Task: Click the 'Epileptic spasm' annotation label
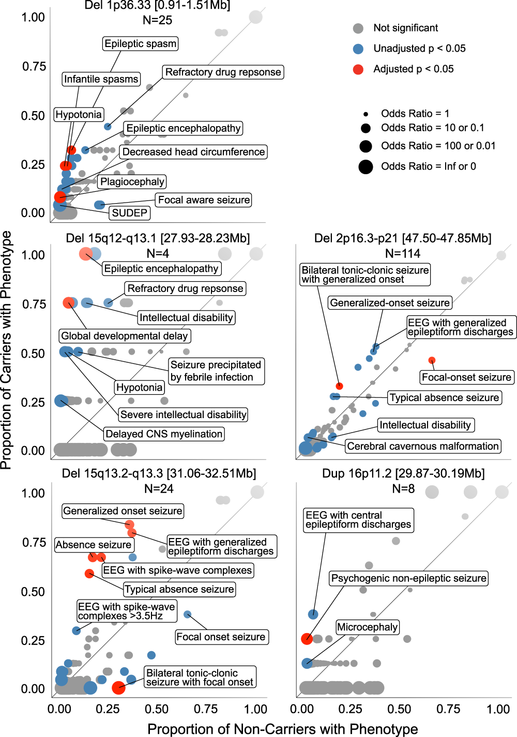(x=140, y=43)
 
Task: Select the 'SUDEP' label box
(x=130, y=213)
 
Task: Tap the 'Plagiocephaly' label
(x=132, y=181)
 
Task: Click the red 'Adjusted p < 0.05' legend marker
(x=358, y=69)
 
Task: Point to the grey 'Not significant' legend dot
(x=358, y=28)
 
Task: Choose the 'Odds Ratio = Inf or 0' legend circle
(x=366, y=167)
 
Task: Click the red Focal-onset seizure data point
(x=432, y=360)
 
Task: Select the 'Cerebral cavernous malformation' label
(x=423, y=446)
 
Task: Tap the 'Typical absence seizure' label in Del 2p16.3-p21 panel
(x=445, y=397)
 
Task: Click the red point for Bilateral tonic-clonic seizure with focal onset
(x=118, y=687)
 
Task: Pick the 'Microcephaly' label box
(x=367, y=627)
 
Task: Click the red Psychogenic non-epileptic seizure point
(x=307, y=639)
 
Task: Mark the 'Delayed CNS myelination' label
(x=164, y=434)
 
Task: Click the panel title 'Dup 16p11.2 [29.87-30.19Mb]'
(x=403, y=473)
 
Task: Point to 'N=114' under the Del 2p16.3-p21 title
(x=403, y=253)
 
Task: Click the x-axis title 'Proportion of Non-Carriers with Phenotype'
(x=282, y=729)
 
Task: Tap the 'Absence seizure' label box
(x=94, y=545)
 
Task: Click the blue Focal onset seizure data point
(x=188, y=615)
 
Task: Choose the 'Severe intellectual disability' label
(x=183, y=414)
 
